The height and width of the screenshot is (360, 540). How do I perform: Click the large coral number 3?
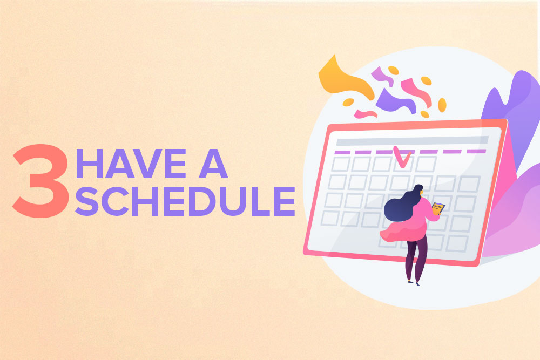click(x=40, y=181)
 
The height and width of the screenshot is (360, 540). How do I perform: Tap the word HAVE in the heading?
click(x=131, y=164)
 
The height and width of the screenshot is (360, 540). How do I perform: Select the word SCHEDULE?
click(x=185, y=201)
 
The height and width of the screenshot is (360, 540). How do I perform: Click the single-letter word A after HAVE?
click(x=213, y=164)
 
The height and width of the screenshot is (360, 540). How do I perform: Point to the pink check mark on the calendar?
click(x=401, y=157)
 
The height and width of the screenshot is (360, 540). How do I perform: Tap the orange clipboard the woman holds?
click(x=438, y=208)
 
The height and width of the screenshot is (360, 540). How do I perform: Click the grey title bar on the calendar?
click(x=412, y=141)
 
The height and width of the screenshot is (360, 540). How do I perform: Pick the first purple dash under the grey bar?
click(x=342, y=152)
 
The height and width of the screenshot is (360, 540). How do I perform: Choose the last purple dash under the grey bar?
click(x=476, y=151)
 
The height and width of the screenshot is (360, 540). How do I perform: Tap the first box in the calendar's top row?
click(x=341, y=164)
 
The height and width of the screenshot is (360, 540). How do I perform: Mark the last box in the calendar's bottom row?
click(x=457, y=243)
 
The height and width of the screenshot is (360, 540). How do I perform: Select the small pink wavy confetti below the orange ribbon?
click(x=366, y=114)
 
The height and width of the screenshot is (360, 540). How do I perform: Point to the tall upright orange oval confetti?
click(x=442, y=105)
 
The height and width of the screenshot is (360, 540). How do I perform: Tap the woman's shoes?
click(x=414, y=283)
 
